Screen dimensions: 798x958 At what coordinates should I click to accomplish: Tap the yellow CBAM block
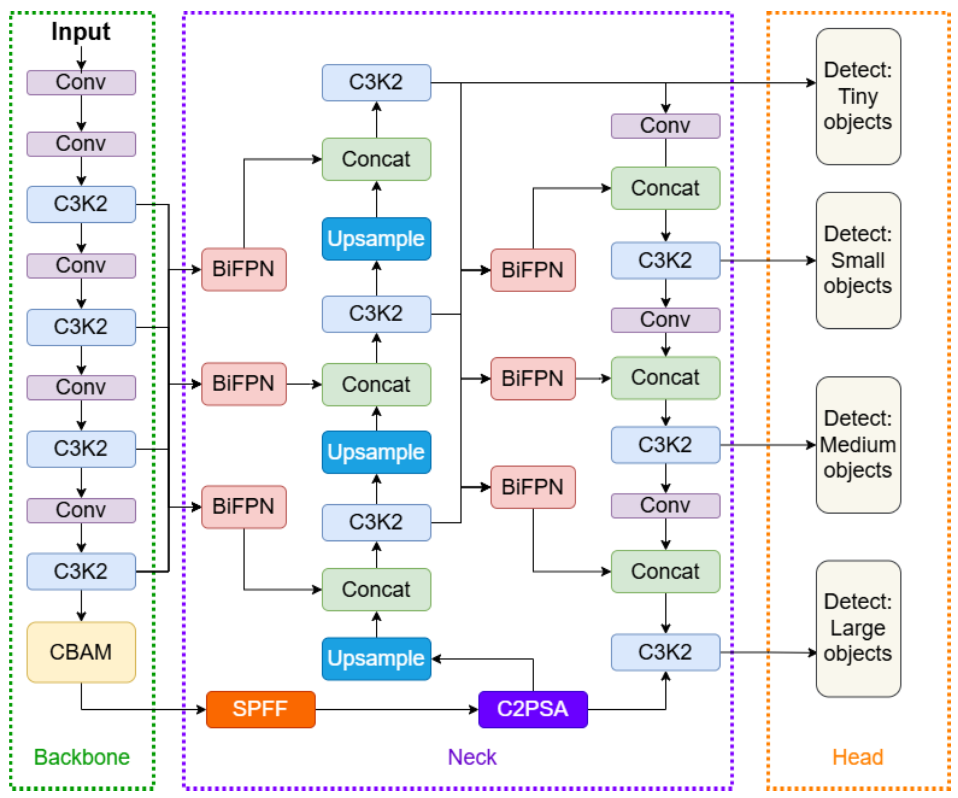(81, 652)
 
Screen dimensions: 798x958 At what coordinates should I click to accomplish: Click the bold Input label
(81, 32)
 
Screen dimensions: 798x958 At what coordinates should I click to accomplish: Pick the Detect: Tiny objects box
(858, 96)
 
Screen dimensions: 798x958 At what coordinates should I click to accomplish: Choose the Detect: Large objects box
(858, 628)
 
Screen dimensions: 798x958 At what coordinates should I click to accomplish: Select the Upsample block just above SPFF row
(377, 658)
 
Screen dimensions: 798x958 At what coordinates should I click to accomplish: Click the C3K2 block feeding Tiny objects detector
(377, 83)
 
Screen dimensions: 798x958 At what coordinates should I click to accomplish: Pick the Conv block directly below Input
(81, 83)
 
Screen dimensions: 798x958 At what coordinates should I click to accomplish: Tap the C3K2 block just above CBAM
(81, 571)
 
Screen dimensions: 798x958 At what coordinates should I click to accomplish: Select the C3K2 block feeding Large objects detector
(665, 652)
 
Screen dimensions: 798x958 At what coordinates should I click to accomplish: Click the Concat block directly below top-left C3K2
(377, 159)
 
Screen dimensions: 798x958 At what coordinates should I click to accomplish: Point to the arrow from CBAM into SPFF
(137, 710)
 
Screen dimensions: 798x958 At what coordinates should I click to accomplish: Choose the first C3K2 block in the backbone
(81, 204)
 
